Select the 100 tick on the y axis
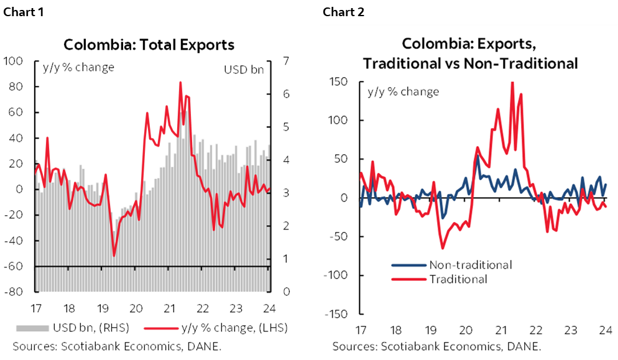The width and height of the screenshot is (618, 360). pyautogui.click(x=338, y=120)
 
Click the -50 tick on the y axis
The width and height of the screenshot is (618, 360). pyautogui.click(x=338, y=236)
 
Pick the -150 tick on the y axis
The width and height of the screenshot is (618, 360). pyautogui.click(x=336, y=313)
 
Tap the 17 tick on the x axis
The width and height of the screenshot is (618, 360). pyautogui.click(x=361, y=330)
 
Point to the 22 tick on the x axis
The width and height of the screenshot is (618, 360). pyautogui.click(x=535, y=330)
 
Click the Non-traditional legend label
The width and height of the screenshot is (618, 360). pyautogui.click(x=470, y=265)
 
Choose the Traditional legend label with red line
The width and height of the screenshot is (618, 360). pyautogui.click(x=458, y=279)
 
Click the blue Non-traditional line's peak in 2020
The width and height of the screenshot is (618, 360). pyautogui.click(x=477, y=156)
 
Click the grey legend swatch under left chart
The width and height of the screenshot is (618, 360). pyautogui.click(x=32, y=328)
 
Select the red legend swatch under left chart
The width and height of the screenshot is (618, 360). pyautogui.click(x=161, y=328)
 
